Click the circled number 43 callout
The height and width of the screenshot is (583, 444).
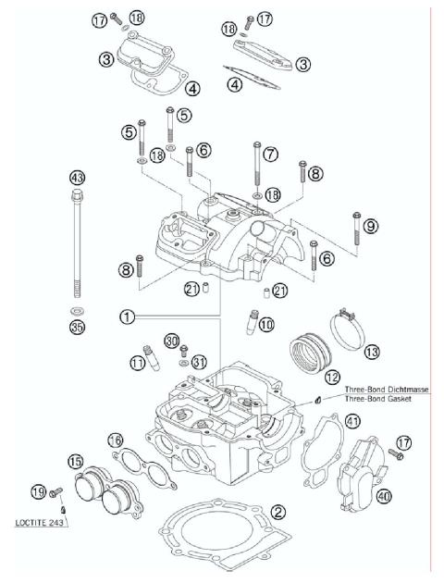tap(77, 177)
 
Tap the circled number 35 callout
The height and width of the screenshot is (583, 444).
tap(77, 325)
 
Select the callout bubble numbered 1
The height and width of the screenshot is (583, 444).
tap(127, 316)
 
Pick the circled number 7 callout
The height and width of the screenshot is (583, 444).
tap(270, 155)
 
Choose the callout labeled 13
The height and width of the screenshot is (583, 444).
tap(371, 352)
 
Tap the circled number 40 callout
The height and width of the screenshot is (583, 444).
tap(384, 495)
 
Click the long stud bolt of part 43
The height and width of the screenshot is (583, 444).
tap(77, 245)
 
